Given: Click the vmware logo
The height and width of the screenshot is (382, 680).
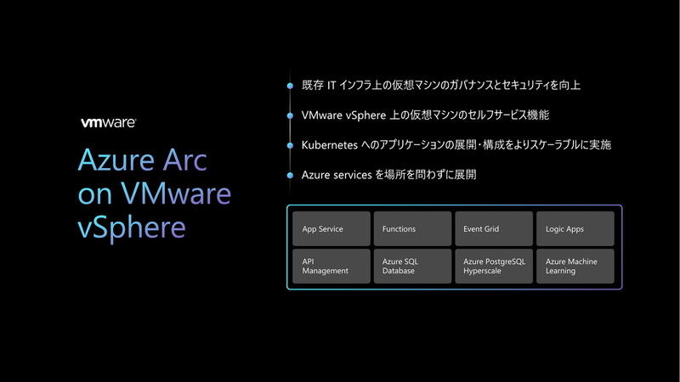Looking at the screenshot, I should click(x=107, y=122).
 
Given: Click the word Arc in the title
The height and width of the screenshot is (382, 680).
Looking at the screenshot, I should click(x=181, y=161).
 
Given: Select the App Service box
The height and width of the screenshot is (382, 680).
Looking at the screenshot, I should click(x=331, y=228).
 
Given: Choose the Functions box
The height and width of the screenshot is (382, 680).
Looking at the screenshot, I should click(x=412, y=228).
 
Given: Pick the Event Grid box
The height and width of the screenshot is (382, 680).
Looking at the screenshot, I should click(x=494, y=228).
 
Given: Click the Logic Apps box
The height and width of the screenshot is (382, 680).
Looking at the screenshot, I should click(x=575, y=228).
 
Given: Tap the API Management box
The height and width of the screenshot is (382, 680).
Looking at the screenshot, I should click(x=331, y=266).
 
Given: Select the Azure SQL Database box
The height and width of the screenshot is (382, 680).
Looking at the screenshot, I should click(x=412, y=266).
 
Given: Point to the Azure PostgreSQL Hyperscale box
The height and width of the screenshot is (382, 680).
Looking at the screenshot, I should click(x=494, y=266).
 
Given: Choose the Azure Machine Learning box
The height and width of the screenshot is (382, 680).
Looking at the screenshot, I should click(x=575, y=266).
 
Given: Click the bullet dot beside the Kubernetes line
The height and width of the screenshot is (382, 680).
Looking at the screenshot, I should click(x=290, y=145).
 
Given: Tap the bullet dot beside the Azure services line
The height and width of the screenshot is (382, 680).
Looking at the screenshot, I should click(x=290, y=175).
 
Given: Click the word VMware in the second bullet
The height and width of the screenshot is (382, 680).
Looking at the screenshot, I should click(x=322, y=115).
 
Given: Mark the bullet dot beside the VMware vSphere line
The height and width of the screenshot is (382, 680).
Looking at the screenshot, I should click(x=290, y=115).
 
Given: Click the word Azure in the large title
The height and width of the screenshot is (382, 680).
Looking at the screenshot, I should click(x=112, y=161).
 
